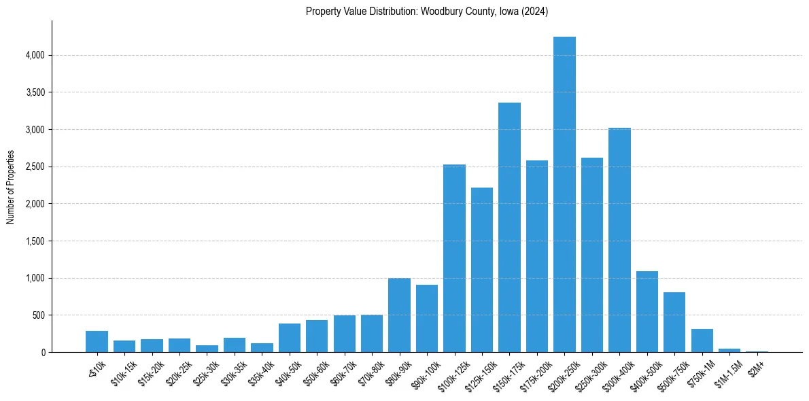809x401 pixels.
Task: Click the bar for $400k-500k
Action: [x=647, y=312]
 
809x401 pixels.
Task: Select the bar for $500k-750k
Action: [x=674, y=322]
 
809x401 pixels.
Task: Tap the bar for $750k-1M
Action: [x=702, y=341]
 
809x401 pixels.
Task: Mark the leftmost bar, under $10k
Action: [x=97, y=342]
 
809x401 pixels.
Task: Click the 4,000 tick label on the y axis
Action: [x=35, y=55]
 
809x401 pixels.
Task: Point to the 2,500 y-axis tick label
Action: [x=35, y=167]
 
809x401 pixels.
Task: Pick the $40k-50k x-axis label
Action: [x=288, y=371]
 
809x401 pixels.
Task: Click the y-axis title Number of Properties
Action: [x=10, y=187]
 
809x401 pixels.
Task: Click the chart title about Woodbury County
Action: [x=427, y=12]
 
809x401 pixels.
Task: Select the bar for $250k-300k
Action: [x=591, y=255]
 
